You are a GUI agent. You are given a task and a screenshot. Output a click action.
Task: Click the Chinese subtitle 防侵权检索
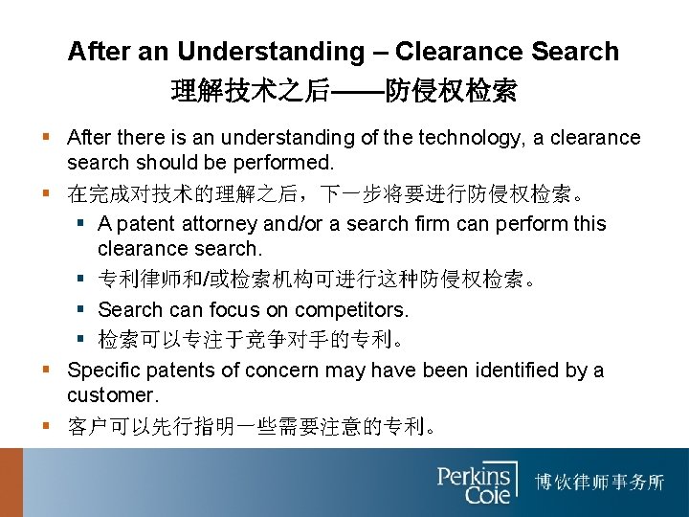(451, 92)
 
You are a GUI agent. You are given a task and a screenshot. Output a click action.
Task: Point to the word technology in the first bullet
(457, 138)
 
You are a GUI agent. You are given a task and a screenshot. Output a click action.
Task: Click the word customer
(108, 394)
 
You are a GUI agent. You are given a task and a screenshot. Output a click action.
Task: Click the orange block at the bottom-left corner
(11, 483)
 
